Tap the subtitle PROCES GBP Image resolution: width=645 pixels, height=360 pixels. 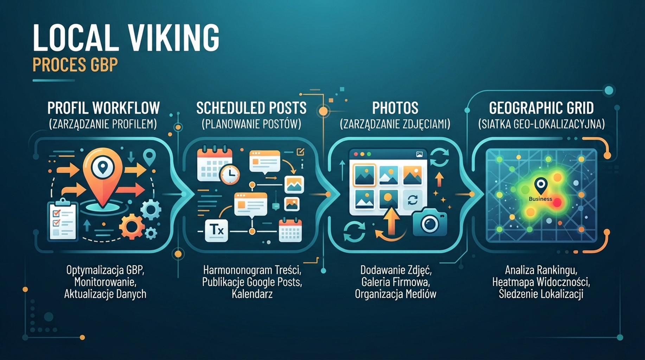75,65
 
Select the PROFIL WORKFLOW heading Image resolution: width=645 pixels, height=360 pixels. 103,108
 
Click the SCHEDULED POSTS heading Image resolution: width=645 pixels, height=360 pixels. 251,108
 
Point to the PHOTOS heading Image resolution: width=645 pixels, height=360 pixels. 395,108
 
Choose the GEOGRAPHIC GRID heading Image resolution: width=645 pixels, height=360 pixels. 541,108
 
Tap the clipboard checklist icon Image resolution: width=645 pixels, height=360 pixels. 63,220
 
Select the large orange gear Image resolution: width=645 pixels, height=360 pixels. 132,227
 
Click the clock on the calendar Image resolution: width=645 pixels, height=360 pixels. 230,174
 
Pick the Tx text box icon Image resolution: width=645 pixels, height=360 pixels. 217,230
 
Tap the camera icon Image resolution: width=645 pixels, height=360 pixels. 430,222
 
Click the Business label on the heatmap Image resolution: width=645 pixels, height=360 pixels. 541,199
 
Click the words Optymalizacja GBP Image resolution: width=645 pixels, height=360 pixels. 105,270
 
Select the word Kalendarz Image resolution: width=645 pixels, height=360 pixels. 252,294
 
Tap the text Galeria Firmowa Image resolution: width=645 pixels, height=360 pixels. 396,282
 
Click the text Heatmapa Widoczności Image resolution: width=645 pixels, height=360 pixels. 541,282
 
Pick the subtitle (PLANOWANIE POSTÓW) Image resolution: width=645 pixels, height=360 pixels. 251,124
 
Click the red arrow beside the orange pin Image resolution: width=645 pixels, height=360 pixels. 130,190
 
